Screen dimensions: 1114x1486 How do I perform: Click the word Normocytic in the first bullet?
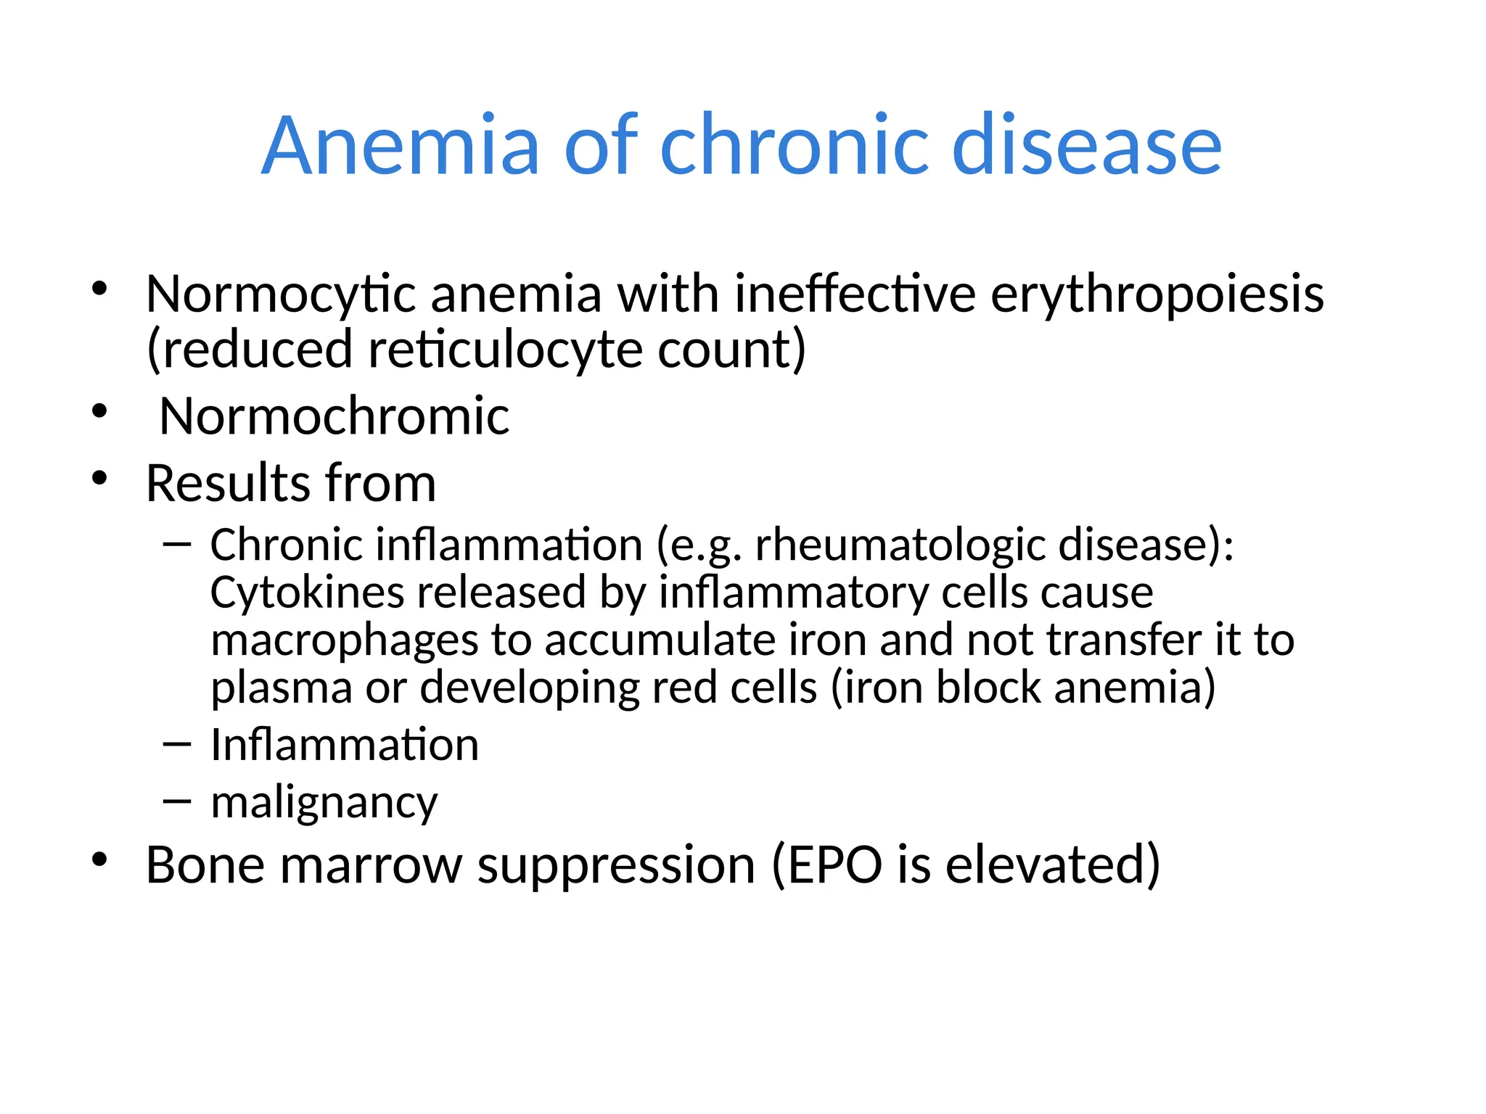(281, 294)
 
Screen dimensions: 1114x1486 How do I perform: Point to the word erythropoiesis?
(1157, 294)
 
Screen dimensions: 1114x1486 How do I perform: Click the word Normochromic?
(334, 416)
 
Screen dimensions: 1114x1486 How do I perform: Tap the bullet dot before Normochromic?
(100, 412)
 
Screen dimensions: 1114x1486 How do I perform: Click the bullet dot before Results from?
(100, 479)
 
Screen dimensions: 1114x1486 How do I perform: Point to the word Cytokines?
(307, 592)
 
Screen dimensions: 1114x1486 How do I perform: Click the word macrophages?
(344, 641)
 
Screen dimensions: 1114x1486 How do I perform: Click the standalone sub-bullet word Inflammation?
(345, 745)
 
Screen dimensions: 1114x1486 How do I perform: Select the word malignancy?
(324, 803)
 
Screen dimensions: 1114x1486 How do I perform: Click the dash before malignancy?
(177, 801)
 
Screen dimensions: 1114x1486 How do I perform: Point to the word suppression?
(616, 866)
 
